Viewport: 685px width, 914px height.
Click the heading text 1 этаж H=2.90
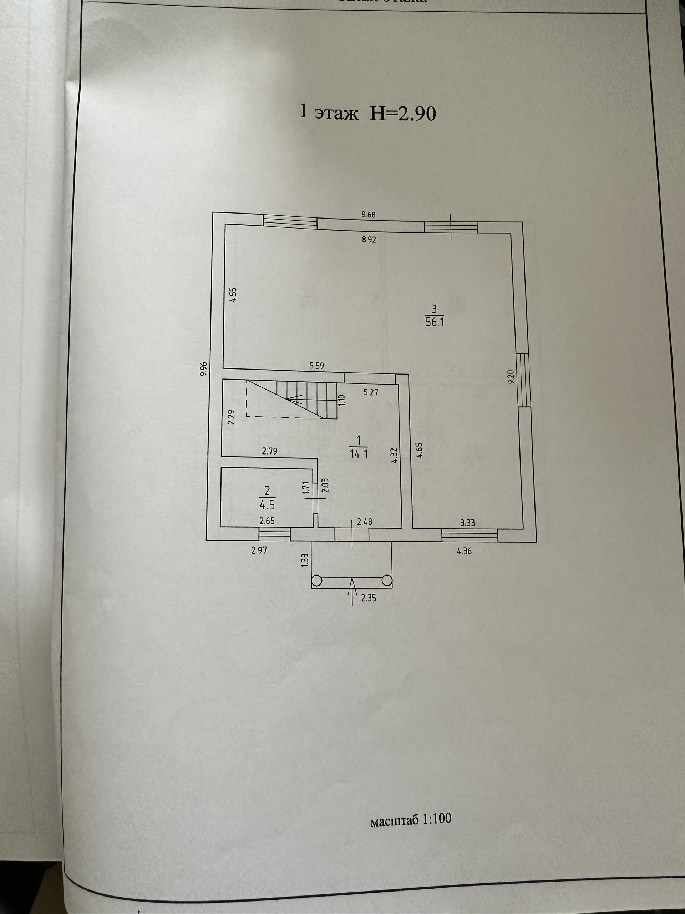[x=367, y=113]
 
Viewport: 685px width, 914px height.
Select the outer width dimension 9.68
[x=368, y=215]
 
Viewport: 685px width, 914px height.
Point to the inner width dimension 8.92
[x=369, y=240]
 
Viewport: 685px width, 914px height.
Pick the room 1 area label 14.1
[x=359, y=455]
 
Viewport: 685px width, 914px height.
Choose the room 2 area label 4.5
[x=267, y=505]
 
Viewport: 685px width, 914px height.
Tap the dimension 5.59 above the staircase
[x=317, y=366]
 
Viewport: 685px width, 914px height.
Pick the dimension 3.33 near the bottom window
[x=467, y=523]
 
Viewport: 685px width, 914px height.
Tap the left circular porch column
[x=316, y=581]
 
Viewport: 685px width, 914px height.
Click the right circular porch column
[x=387, y=581]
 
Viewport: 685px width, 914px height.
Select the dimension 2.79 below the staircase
[x=270, y=451]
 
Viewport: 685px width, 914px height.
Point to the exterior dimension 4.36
[x=464, y=551]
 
